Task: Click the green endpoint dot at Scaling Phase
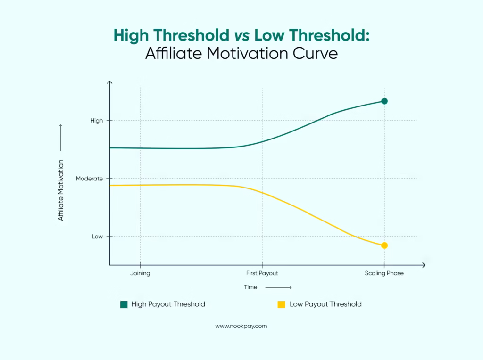click(x=384, y=101)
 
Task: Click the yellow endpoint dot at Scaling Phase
click(x=384, y=245)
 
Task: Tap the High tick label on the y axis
click(x=96, y=121)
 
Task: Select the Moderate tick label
click(x=89, y=179)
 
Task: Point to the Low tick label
click(x=97, y=237)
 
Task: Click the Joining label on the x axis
click(x=140, y=273)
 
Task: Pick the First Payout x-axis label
click(x=262, y=273)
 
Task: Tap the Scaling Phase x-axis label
click(x=384, y=273)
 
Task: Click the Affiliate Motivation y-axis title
click(x=61, y=190)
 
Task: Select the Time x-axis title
click(x=250, y=287)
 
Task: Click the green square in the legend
click(x=124, y=304)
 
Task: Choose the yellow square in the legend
click(x=282, y=304)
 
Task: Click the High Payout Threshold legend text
click(x=168, y=304)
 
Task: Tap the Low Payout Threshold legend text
click(x=325, y=304)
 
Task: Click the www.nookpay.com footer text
click(x=241, y=326)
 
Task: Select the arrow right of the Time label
click(x=282, y=287)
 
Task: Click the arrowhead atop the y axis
click(x=109, y=82)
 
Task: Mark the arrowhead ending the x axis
click(x=424, y=265)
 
